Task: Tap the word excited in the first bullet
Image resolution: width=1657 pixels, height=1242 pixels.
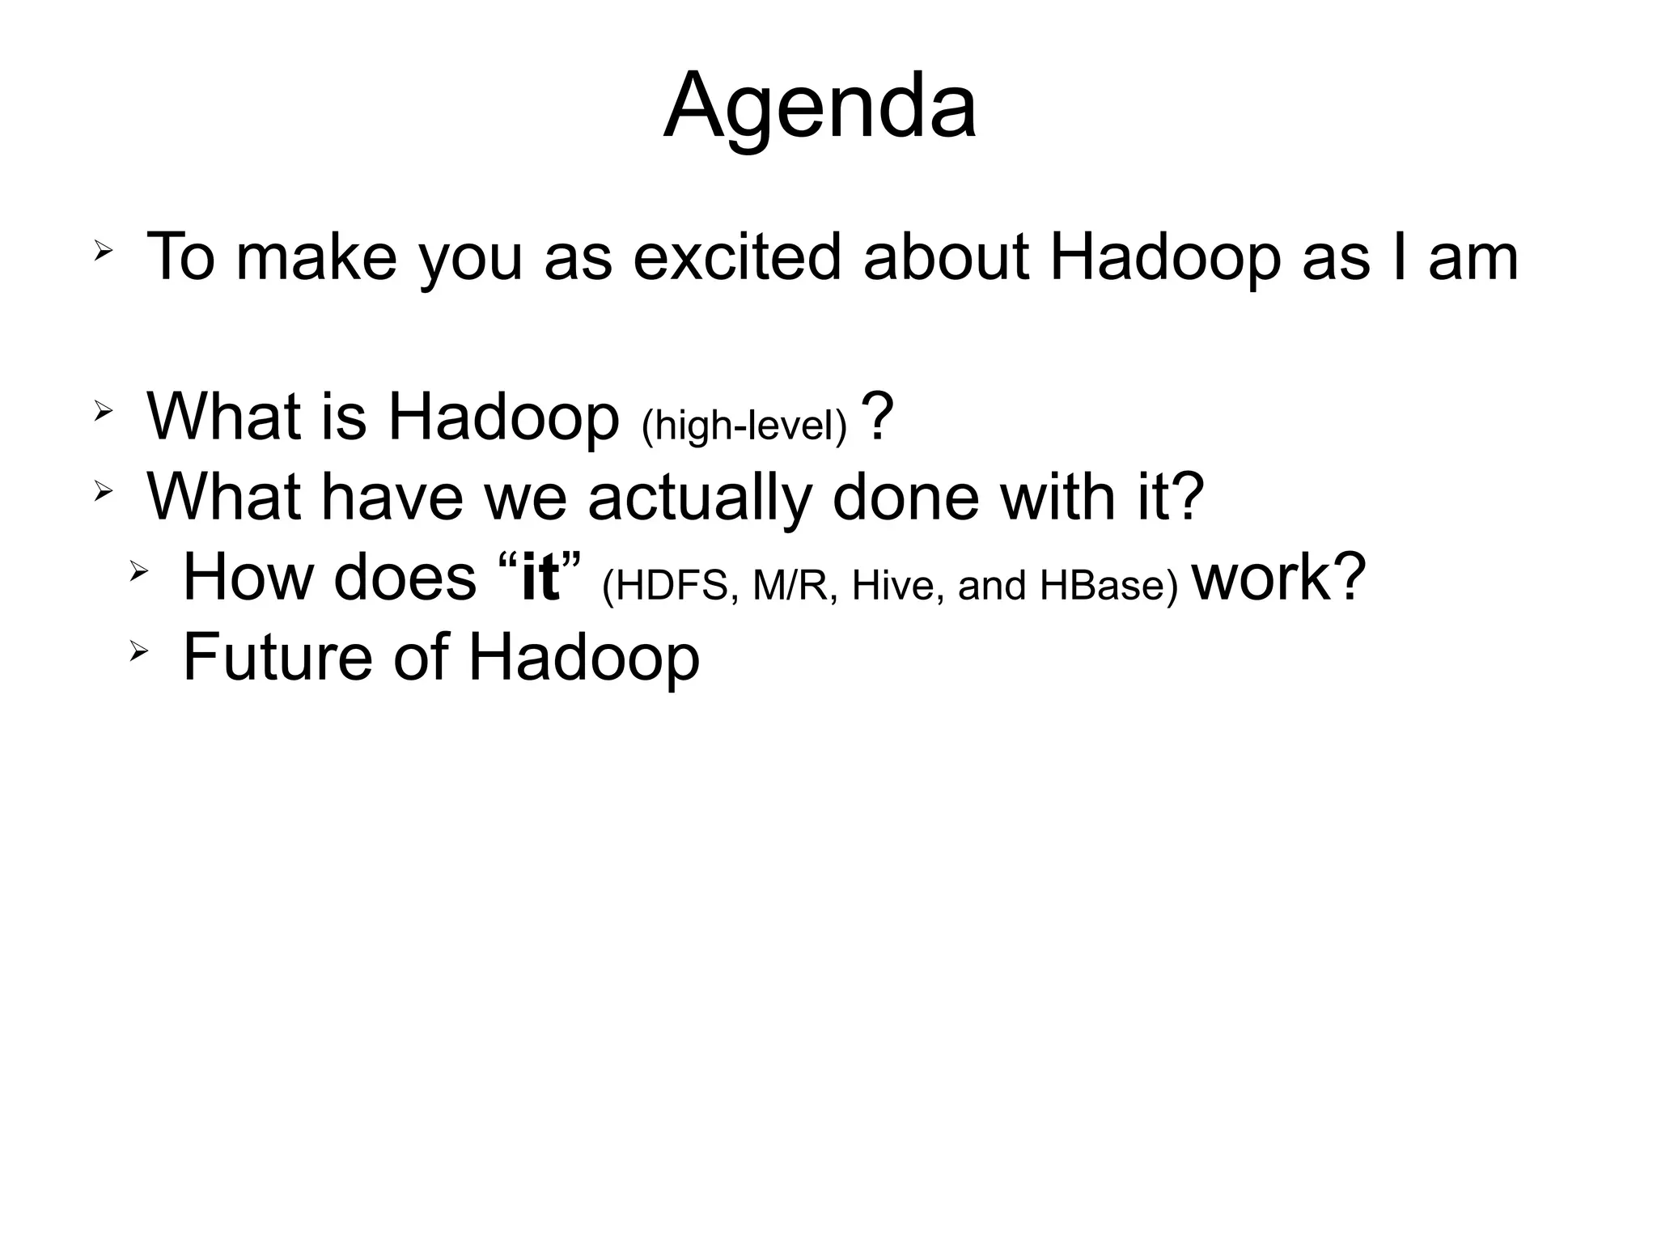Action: pos(736,257)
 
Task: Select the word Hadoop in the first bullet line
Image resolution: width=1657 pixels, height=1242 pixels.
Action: pos(1166,257)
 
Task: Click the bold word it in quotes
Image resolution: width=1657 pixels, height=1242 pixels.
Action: pos(540,579)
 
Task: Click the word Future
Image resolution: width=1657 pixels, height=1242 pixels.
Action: pos(279,657)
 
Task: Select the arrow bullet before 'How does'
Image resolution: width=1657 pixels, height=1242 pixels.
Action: pos(138,572)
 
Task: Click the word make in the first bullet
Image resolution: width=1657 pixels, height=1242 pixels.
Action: pos(316,257)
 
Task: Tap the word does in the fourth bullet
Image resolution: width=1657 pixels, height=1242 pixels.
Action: pos(405,579)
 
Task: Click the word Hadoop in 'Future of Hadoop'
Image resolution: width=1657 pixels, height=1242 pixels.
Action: pos(583,657)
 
